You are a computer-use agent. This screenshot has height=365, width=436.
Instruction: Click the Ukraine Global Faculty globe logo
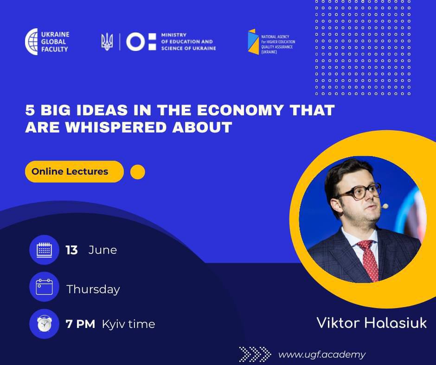click(32, 42)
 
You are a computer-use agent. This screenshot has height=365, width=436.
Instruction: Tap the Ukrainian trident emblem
click(107, 42)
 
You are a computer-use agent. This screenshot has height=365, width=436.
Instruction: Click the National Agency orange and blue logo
click(253, 42)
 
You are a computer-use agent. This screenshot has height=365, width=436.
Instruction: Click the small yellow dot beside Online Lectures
click(138, 172)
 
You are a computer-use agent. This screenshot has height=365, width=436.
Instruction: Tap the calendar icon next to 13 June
click(44, 250)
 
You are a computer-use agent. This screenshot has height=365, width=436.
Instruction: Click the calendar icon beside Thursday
click(44, 287)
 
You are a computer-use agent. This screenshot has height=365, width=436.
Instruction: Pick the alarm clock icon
click(44, 324)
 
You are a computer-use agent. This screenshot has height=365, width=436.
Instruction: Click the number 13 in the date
click(71, 250)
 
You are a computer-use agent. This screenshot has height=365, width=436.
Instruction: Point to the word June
click(103, 250)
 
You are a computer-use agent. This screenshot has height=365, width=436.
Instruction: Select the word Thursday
click(93, 289)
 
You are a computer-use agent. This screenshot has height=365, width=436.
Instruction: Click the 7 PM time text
click(80, 324)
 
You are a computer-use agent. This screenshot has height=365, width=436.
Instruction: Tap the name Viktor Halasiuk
click(371, 323)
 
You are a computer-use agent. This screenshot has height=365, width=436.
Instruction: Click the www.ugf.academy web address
click(321, 355)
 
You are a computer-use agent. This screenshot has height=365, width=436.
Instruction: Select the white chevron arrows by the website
click(255, 354)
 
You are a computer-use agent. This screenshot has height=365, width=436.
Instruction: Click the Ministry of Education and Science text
click(188, 42)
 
